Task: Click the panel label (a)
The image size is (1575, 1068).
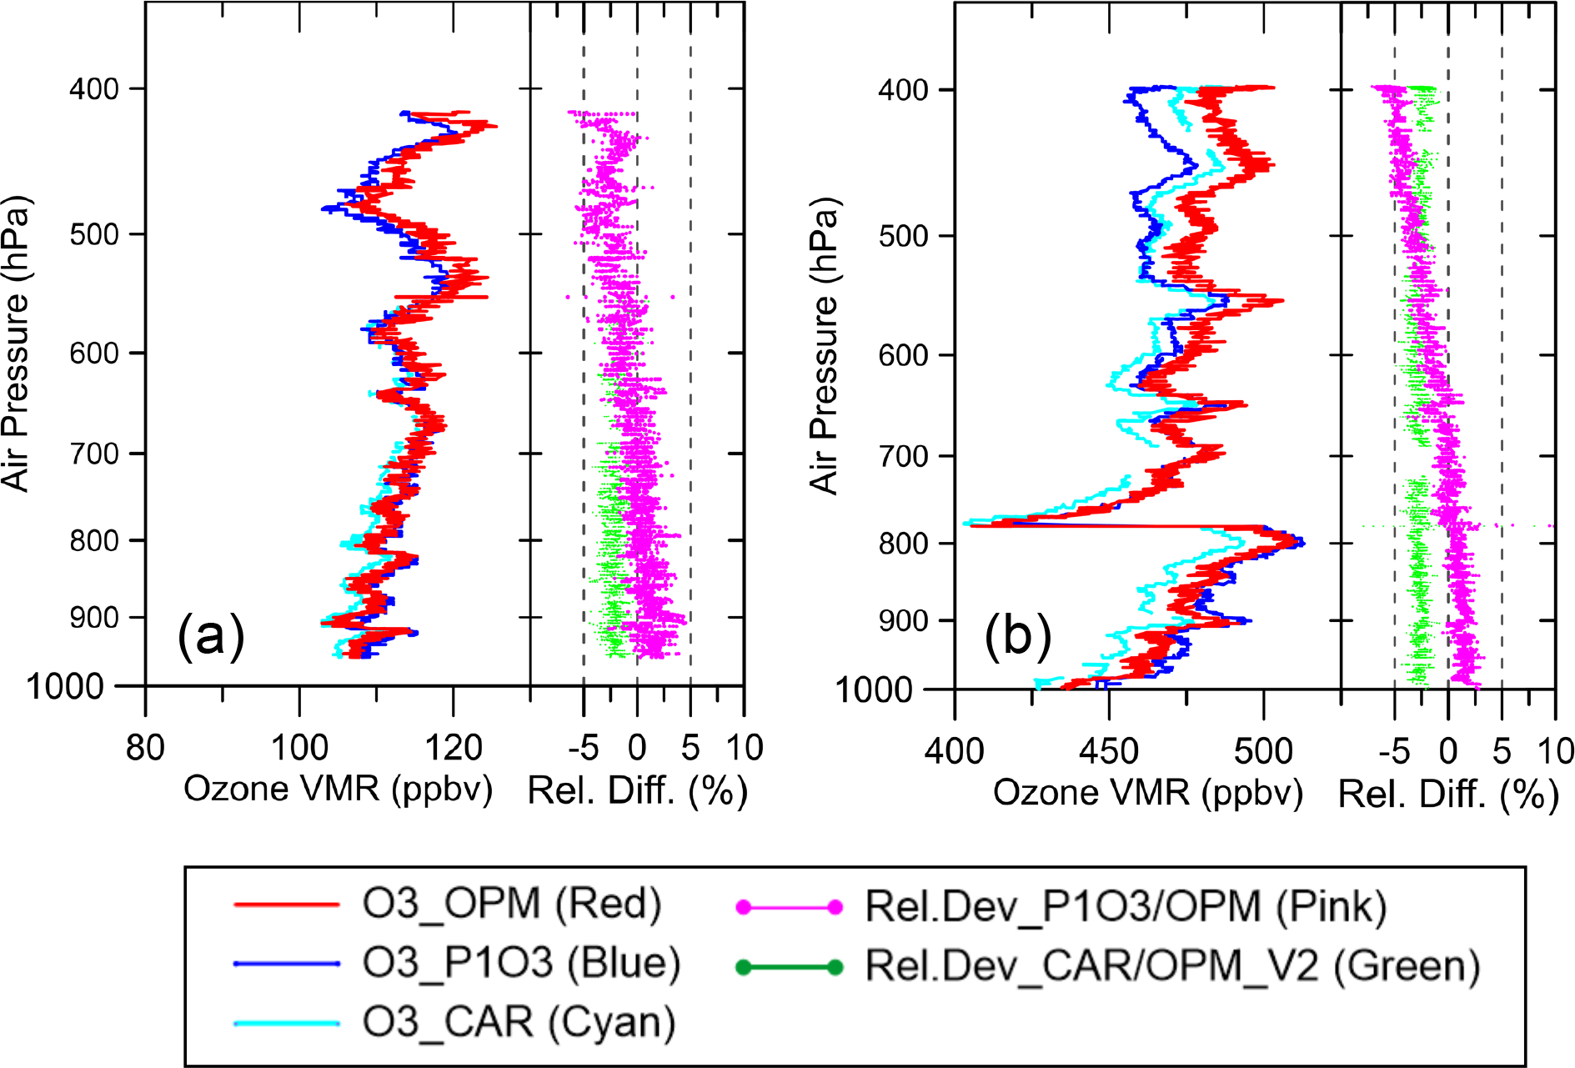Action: (211, 637)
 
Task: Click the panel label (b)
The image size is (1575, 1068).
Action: (1018, 637)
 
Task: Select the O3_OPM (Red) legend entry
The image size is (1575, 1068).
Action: (511, 905)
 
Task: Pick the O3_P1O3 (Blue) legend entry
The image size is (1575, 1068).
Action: (521, 963)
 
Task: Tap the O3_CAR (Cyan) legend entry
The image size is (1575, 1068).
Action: (518, 1022)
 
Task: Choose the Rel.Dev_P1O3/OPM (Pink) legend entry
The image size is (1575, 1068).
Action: (1126, 907)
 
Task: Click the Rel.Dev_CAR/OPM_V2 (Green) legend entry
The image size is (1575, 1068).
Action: (1172, 966)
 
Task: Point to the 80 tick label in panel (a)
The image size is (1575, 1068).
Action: (145, 748)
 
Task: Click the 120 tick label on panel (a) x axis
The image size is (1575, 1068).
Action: (453, 748)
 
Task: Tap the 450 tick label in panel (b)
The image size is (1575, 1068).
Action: (1108, 751)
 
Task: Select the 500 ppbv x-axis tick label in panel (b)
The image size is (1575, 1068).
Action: (1263, 751)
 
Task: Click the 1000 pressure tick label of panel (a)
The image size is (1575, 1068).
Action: (65, 687)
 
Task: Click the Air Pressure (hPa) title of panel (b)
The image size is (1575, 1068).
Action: (824, 346)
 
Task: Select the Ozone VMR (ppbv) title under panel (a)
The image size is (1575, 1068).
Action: (338, 789)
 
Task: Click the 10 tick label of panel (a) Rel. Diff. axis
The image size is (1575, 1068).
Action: (744, 748)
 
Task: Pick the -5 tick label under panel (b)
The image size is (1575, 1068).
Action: (1394, 751)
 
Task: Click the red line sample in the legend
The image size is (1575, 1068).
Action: (287, 905)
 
